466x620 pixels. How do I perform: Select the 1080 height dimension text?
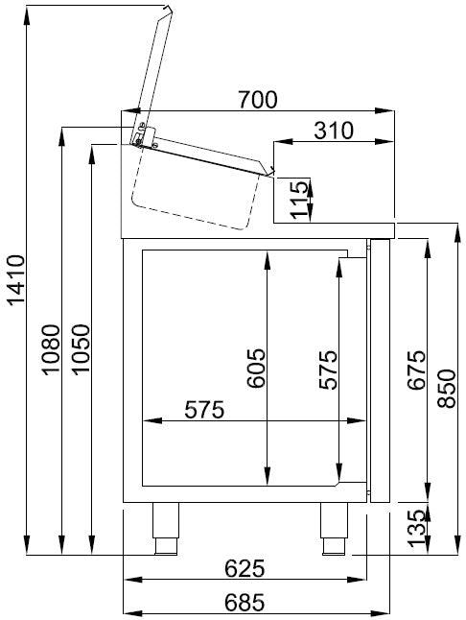pyautogui.click(x=51, y=352)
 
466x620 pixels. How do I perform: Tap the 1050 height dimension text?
pyautogui.click(x=81, y=352)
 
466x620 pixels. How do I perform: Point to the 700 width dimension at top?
pyautogui.click(x=258, y=99)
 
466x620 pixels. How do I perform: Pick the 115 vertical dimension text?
pyautogui.click(x=300, y=200)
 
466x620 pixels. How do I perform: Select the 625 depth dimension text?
pyautogui.click(x=245, y=569)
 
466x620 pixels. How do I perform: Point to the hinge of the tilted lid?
pyautogui.click(x=141, y=135)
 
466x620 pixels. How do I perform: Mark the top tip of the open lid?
pyautogui.click(x=170, y=9)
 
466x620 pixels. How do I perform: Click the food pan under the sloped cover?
pyautogui.click(x=192, y=191)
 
